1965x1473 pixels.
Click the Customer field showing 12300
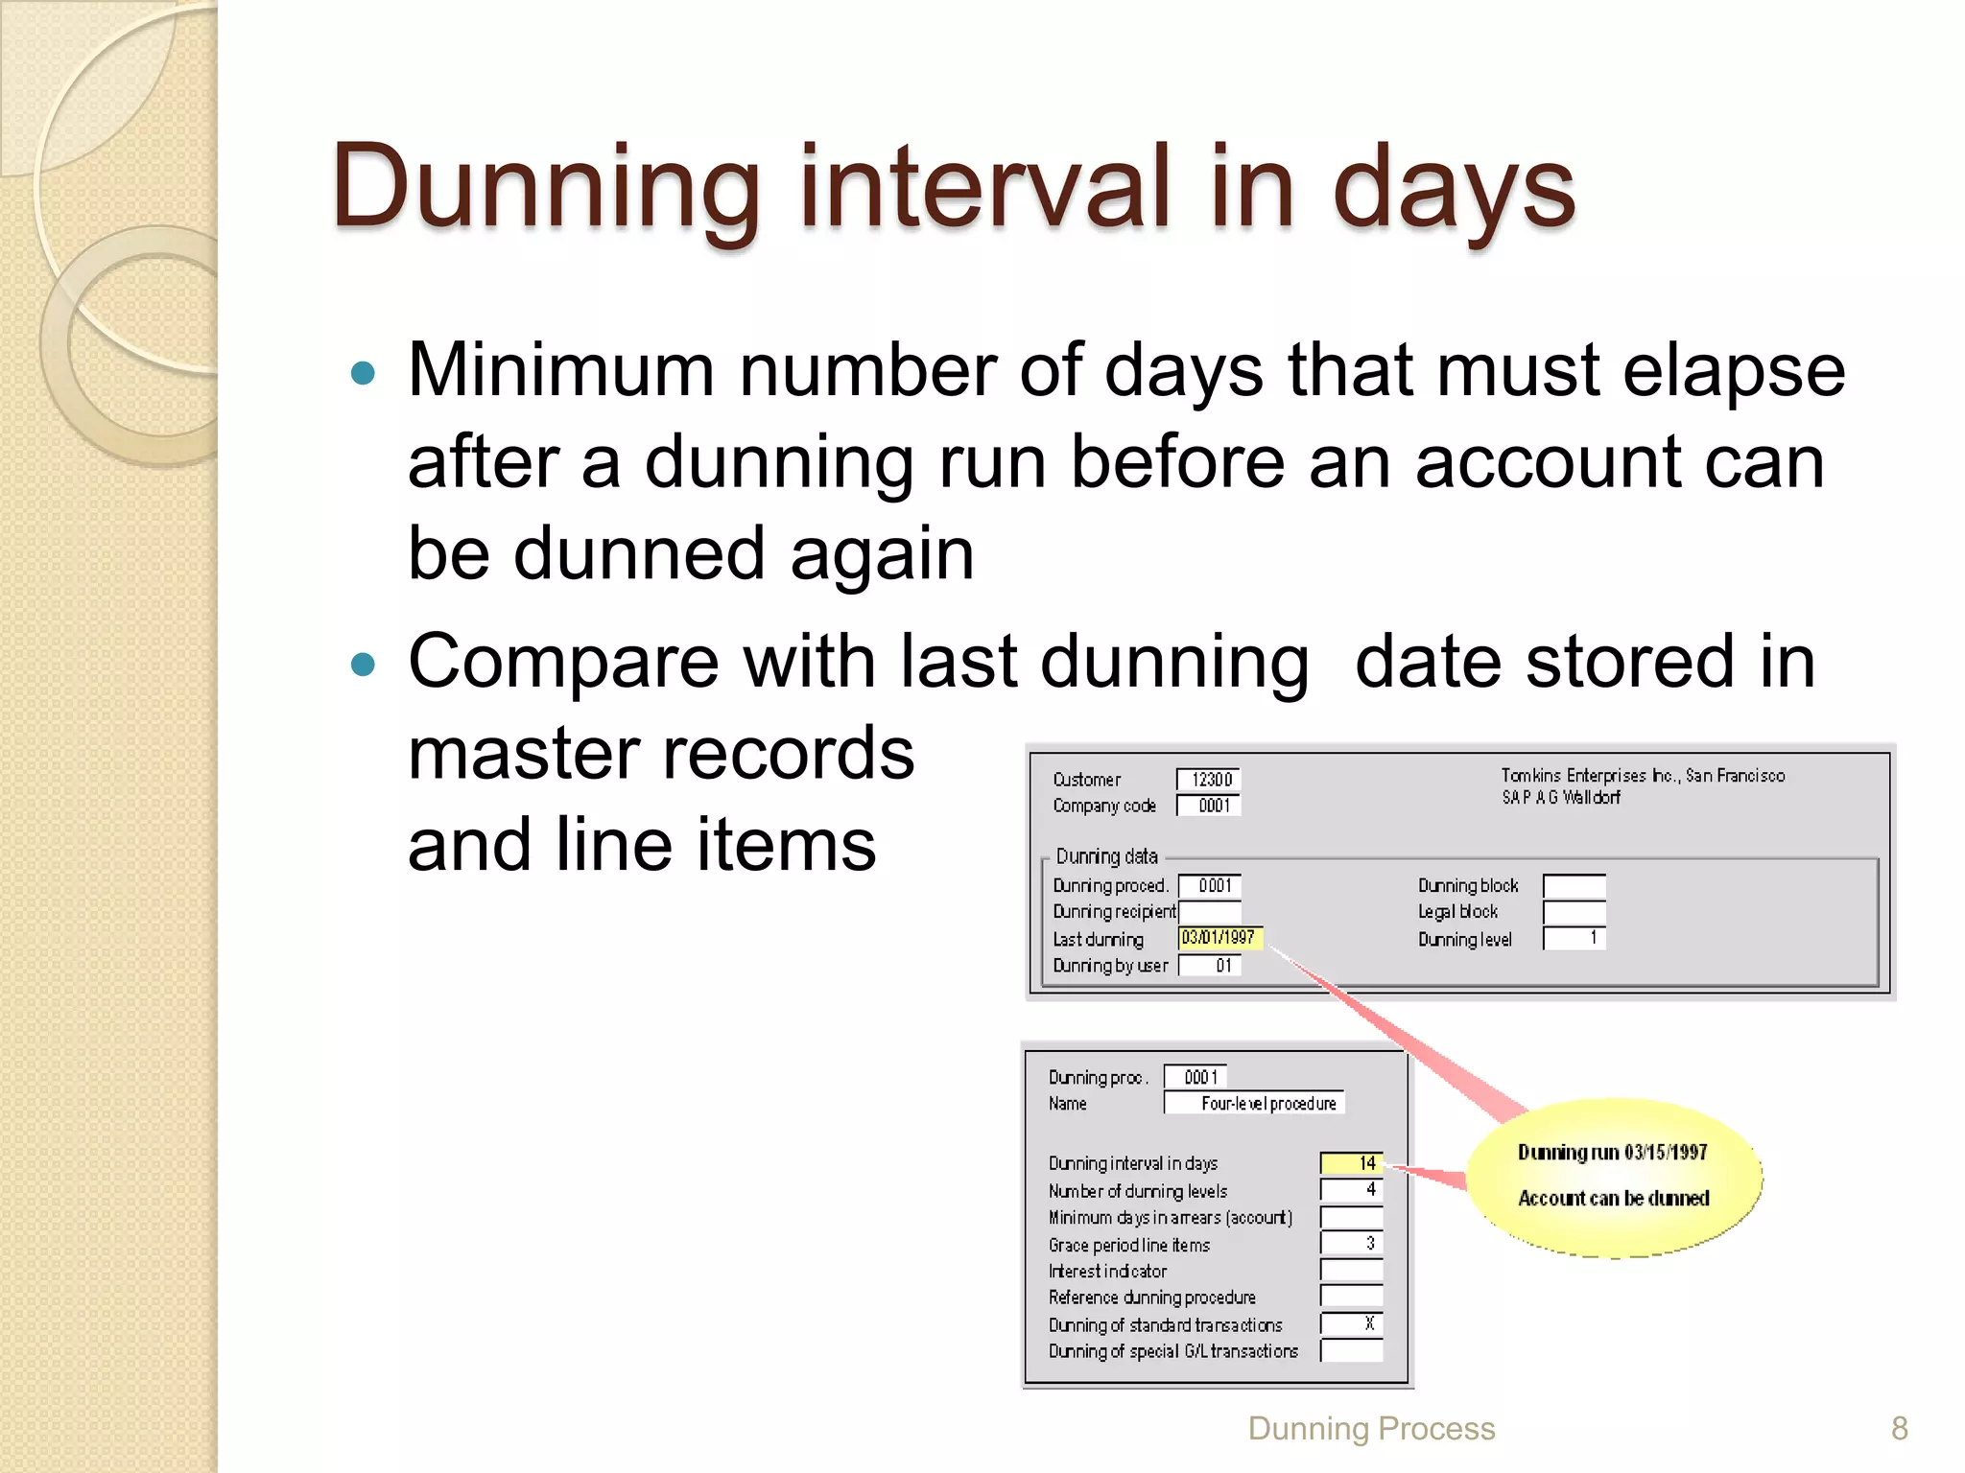1209,780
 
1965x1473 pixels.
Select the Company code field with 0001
1209,806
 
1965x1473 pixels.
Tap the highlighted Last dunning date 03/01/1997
1219,938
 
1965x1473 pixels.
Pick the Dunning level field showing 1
1574,938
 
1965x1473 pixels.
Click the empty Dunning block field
1574,885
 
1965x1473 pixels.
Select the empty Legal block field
1574,912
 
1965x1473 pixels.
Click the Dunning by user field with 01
1210,966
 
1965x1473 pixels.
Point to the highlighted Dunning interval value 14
1352,1163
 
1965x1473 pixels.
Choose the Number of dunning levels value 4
1352,1190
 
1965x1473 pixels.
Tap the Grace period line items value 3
1352,1244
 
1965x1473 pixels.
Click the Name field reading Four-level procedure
1255,1104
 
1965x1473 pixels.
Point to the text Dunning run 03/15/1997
1613,1153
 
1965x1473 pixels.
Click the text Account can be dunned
1614,1199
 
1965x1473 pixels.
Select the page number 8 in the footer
1899,1429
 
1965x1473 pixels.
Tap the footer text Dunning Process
1371,1429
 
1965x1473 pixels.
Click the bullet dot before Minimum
363,373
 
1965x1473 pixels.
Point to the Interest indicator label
1107,1272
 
